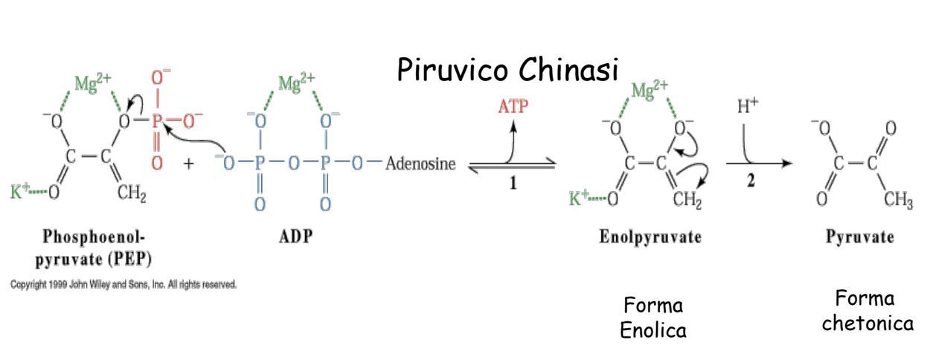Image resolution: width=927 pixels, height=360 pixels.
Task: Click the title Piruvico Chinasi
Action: (x=507, y=70)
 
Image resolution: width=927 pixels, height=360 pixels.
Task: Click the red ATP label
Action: (x=513, y=106)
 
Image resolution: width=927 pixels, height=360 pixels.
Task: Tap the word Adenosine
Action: (x=420, y=164)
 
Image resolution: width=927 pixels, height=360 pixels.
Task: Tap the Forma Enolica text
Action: (x=653, y=318)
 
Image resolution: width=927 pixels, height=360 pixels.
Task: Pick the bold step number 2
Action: (x=751, y=184)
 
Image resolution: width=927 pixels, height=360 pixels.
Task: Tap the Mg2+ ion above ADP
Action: (x=296, y=83)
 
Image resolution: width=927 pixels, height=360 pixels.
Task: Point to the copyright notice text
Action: (x=124, y=285)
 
